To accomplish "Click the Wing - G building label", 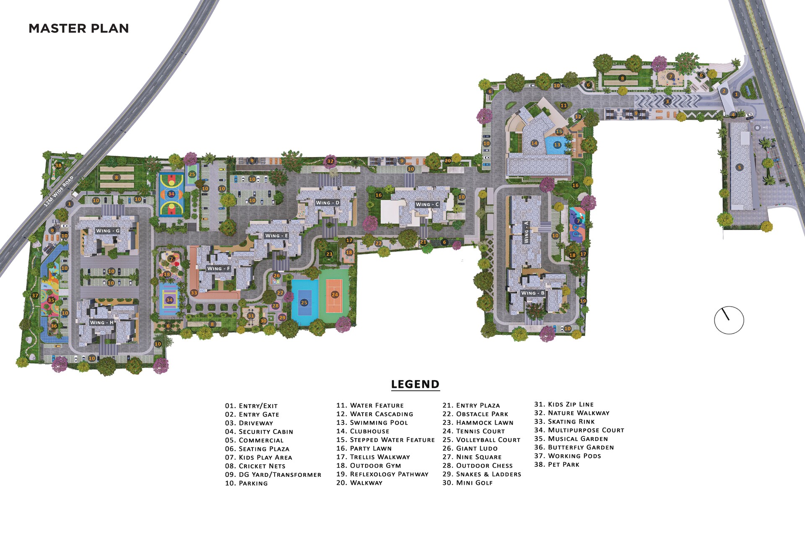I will coord(108,231).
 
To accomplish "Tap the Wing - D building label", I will coord(327,203).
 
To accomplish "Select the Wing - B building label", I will coord(532,293).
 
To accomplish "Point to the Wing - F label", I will coord(218,269).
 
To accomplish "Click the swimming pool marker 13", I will coord(557,145).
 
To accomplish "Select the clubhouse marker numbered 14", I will coord(534,143).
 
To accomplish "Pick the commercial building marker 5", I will coord(739,167).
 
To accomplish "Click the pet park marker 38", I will coord(58,166).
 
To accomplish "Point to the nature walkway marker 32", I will coord(330,161).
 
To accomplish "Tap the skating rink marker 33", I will coord(194,293).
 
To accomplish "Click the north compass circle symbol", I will coord(729,320).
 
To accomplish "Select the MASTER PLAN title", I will coord(78,28).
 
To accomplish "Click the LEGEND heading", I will coord(415,384).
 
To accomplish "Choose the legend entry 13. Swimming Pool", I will coord(372,423).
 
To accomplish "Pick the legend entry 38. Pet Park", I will coord(556,465).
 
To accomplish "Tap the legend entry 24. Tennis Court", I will coord(473,431).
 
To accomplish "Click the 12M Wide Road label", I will coord(59,191).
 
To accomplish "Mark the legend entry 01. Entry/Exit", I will coord(251,406).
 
